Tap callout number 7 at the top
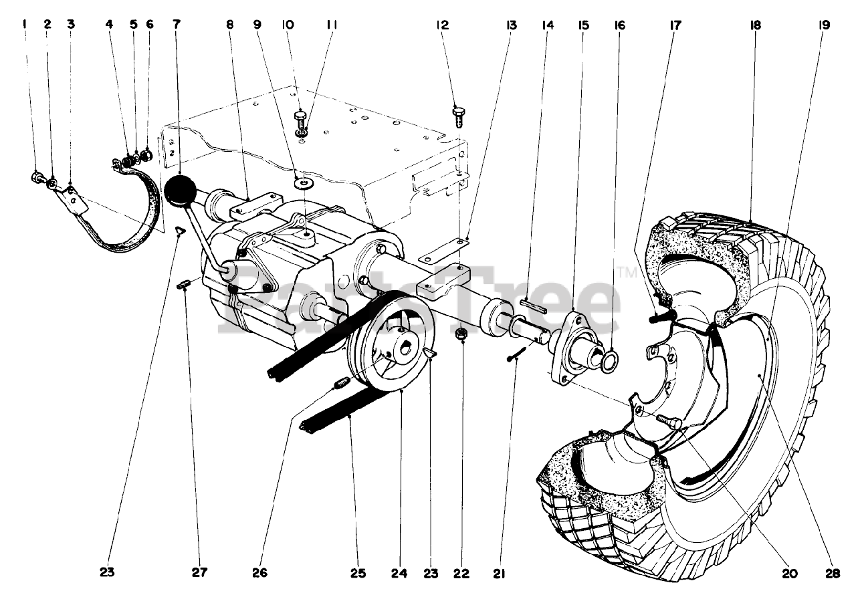pos(176,25)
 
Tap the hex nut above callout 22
pos(460,333)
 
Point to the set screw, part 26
pos(341,383)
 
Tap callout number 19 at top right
pos(823,25)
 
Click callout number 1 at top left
pos(25,25)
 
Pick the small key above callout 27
pos(185,285)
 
